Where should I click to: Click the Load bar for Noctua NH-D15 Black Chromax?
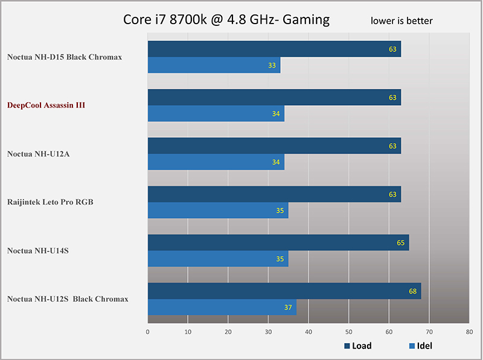(274, 49)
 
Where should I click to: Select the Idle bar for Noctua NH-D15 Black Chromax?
(214, 65)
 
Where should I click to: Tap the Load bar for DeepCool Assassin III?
(274, 97)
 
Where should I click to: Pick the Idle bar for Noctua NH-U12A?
(216, 162)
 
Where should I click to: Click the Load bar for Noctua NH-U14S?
(278, 242)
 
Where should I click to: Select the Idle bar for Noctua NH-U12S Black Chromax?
(222, 307)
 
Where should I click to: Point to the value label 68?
(413, 291)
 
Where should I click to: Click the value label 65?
(401, 243)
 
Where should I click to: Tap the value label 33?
(272, 65)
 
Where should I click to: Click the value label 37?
(288, 307)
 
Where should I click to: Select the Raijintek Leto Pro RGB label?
(50, 202)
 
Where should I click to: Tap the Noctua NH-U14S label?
(38, 250)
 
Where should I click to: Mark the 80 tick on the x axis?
(469, 332)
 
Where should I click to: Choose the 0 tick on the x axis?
(148, 332)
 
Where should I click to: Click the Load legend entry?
(358, 346)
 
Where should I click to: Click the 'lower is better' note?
(401, 21)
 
